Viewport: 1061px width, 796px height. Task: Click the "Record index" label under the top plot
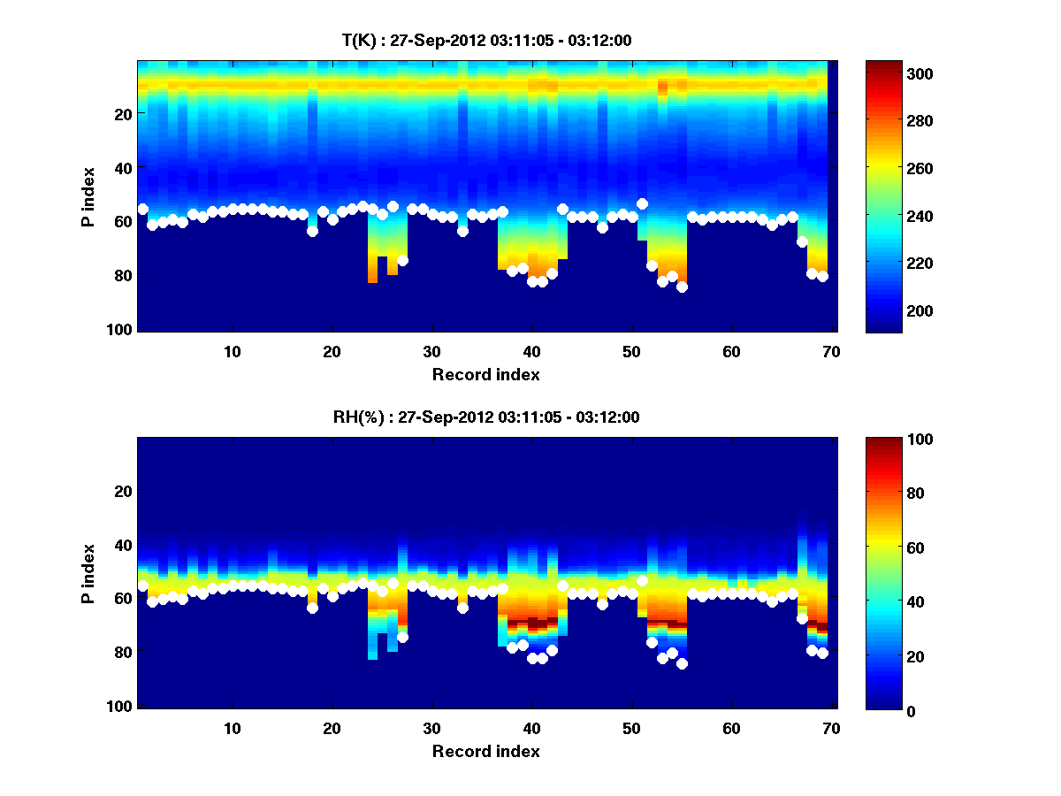pos(485,374)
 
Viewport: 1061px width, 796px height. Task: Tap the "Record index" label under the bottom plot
pos(485,751)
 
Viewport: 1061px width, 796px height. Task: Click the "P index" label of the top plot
pos(88,196)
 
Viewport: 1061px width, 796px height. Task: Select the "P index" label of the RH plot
pos(88,573)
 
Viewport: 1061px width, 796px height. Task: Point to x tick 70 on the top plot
pos(831,351)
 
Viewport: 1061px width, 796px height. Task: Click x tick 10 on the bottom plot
pos(232,728)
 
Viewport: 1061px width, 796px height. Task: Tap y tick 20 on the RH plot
pos(123,491)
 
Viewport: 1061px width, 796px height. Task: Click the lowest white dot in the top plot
pos(682,287)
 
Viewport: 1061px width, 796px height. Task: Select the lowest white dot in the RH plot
pos(682,663)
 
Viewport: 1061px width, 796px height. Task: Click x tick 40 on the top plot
pos(531,351)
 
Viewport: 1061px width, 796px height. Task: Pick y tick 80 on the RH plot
pos(123,653)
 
